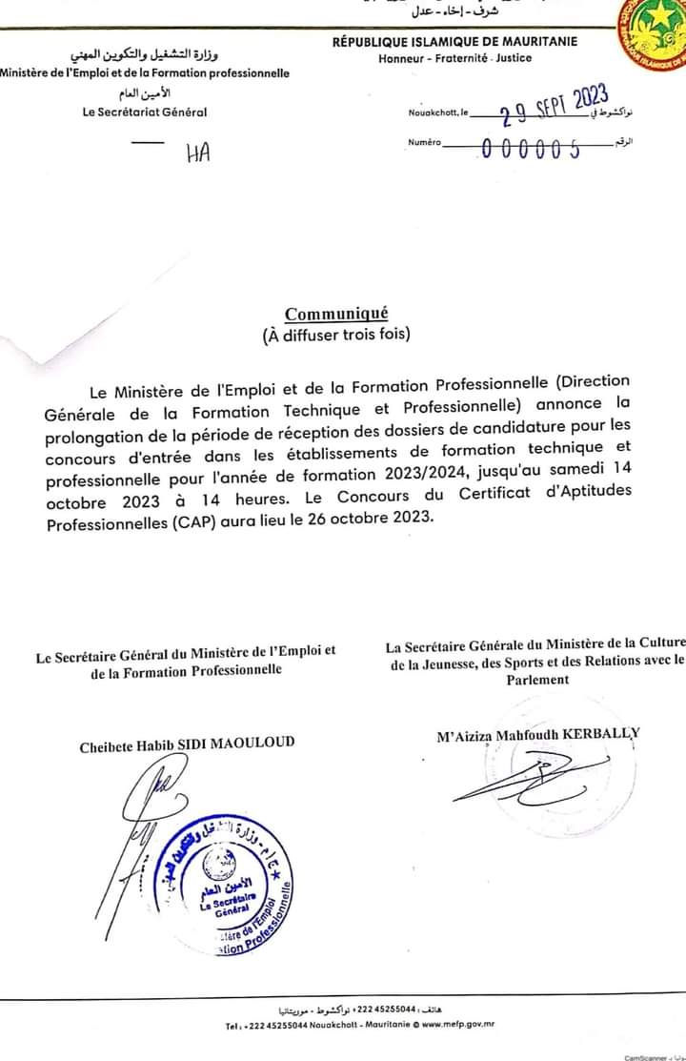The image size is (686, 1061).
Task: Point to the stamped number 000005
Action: pos(533,149)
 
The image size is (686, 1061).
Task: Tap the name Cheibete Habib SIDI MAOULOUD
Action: pos(187,743)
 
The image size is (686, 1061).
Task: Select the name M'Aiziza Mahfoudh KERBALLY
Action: pos(537,734)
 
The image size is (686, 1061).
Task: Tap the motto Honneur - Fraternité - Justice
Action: pos(454,58)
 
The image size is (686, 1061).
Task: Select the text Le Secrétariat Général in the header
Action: pos(145,112)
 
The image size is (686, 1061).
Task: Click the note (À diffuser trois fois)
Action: pos(336,335)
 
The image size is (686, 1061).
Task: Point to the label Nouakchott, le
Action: pos(438,112)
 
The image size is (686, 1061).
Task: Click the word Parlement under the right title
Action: pos(537,680)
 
